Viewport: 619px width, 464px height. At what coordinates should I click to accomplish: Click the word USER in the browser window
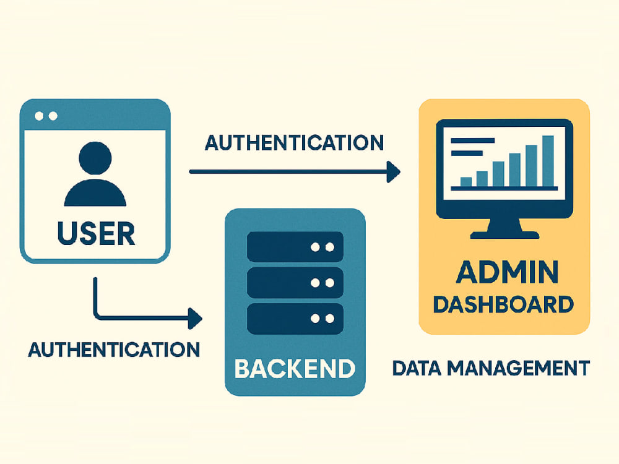(x=97, y=233)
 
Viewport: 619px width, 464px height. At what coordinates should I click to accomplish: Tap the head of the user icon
(x=95, y=158)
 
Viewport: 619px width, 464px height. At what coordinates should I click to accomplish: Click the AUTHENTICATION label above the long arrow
(x=295, y=143)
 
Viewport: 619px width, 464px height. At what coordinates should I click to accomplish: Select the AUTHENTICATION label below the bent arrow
(x=114, y=350)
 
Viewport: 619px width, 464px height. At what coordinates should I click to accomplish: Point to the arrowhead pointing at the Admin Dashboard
(x=393, y=171)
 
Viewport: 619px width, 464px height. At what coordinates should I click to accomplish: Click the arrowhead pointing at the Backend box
(x=195, y=319)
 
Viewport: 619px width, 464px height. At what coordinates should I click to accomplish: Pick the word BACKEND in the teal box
(x=295, y=369)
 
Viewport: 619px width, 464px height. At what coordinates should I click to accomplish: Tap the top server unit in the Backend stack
(x=295, y=247)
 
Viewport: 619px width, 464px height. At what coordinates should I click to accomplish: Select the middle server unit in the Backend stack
(x=295, y=283)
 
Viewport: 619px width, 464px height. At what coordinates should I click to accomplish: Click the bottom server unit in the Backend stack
(x=295, y=319)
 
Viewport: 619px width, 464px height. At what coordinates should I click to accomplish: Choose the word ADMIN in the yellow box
(x=508, y=272)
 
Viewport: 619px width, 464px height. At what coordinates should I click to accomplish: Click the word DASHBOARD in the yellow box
(x=503, y=304)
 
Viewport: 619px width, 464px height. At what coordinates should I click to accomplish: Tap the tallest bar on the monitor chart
(x=548, y=161)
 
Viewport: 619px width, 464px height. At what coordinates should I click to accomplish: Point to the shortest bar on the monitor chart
(x=466, y=182)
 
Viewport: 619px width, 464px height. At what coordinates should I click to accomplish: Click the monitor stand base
(x=504, y=235)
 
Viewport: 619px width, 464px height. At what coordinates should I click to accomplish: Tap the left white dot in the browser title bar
(x=39, y=116)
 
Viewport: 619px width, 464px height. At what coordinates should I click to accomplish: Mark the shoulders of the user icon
(x=95, y=193)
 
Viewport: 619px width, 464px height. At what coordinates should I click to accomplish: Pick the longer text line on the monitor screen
(x=472, y=140)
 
